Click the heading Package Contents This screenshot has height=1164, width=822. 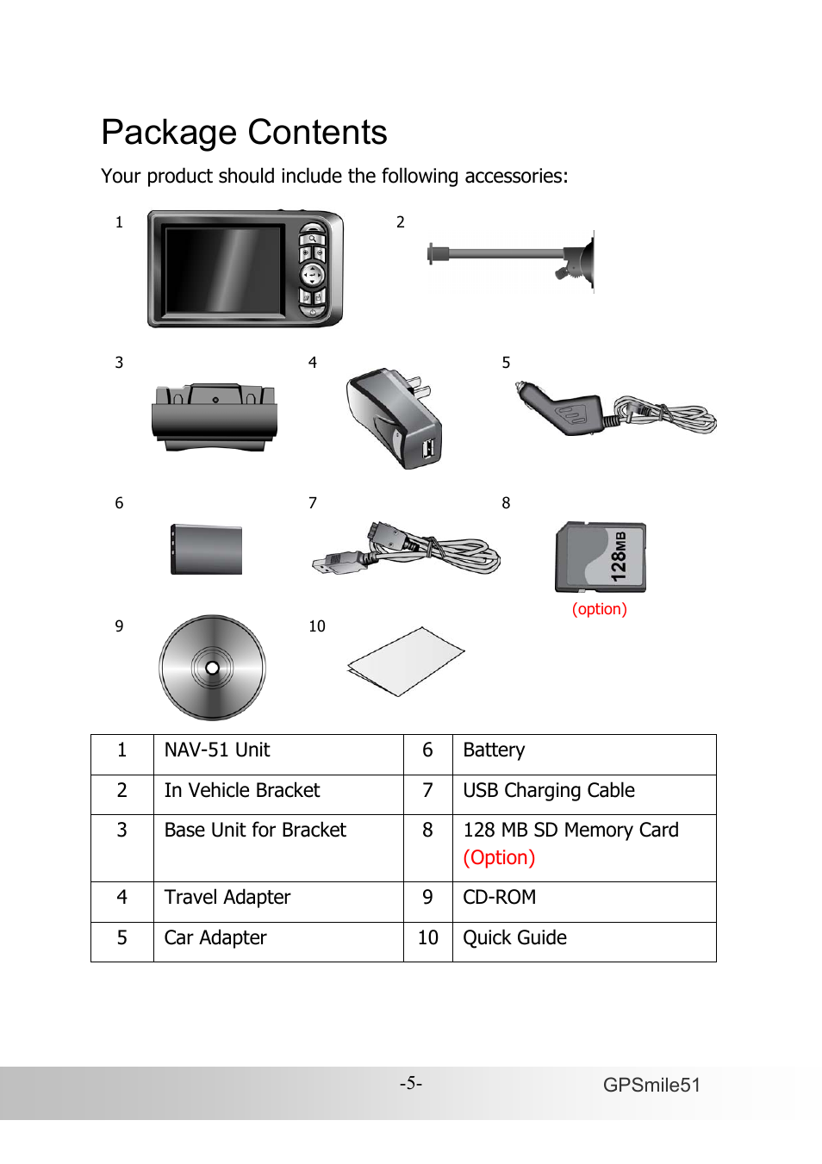pos(244,133)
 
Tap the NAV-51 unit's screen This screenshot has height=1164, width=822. pos(224,270)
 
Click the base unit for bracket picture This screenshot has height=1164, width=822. pos(215,418)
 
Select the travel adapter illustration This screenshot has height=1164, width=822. pos(395,417)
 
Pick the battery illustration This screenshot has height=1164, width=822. pos(207,549)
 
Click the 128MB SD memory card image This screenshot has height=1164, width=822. pos(601,557)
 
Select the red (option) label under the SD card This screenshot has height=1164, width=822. pos(600,609)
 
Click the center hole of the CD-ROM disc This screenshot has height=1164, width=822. pos(212,668)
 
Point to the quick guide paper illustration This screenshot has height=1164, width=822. pos(405,661)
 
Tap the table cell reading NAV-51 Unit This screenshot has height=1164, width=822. pos(217,750)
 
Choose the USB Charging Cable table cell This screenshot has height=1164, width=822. pos(549,791)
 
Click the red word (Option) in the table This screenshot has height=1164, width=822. pos(499,858)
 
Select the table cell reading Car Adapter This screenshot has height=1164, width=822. pos(215,938)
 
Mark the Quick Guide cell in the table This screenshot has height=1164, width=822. pos(514,938)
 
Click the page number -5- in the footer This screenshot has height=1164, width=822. pos(410,1083)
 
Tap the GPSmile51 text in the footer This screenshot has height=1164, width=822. pos(651,1086)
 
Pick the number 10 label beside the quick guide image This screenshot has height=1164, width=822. pos(317,626)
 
